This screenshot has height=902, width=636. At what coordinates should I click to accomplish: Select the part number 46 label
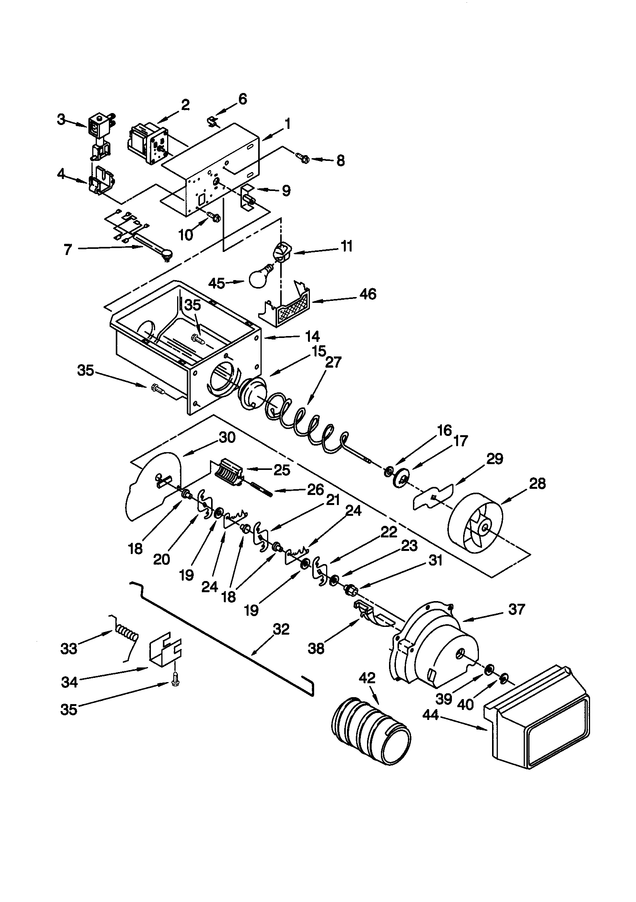point(368,294)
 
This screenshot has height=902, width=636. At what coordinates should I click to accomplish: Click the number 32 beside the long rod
point(281,629)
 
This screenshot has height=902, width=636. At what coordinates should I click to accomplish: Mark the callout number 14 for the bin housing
point(313,336)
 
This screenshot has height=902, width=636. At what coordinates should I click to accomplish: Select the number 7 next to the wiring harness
point(68,249)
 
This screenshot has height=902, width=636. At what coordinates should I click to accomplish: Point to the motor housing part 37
point(436,644)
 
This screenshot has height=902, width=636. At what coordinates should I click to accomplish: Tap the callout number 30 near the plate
point(227,437)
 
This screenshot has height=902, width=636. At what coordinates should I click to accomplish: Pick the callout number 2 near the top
point(185,105)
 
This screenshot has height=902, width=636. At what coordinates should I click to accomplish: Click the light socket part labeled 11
point(281,252)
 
